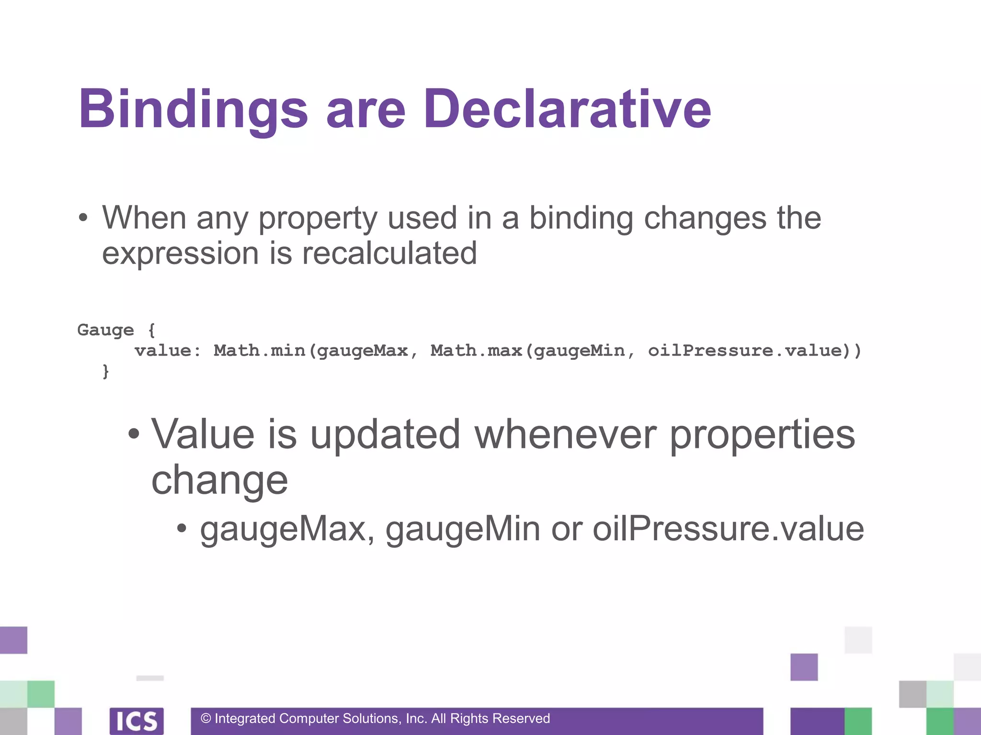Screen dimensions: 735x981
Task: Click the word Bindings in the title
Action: [x=193, y=110]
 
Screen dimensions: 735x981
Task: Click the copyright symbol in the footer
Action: [x=206, y=719]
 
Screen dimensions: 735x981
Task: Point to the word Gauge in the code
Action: [x=105, y=330]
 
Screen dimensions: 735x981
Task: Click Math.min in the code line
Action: [x=259, y=351]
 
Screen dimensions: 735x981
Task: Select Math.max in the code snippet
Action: [x=476, y=351]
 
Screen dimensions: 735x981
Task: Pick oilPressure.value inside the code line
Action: [x=745, y=351]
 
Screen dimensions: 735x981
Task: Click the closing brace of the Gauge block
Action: [x=106, y=371]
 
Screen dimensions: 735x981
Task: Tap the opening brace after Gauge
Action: [x=151, y=330]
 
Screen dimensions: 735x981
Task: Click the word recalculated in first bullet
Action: [x=389, y=253]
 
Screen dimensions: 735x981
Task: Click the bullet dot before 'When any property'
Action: [x=83, y=218]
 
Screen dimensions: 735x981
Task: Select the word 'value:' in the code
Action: [x=168, y=351]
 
